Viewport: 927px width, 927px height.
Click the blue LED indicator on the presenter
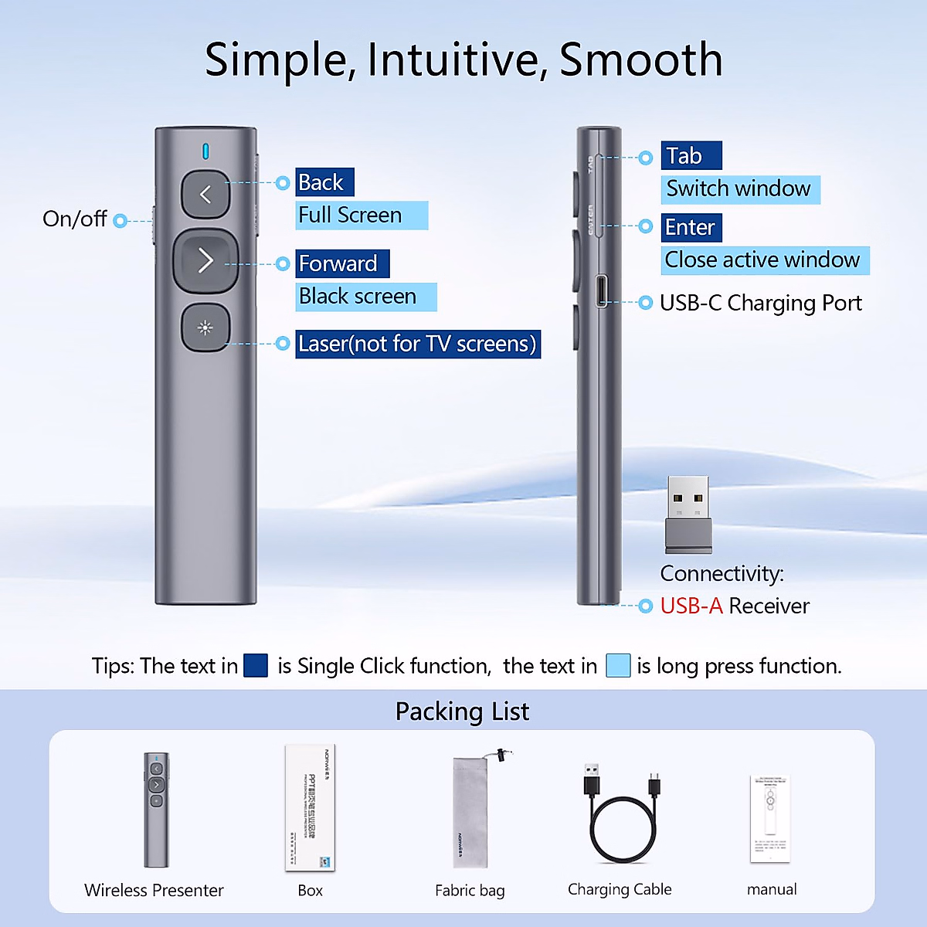(205, 151)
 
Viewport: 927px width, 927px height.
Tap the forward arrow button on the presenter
(205, 260)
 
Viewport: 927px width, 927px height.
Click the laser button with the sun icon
(205, 328)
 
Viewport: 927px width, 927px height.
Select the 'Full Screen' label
(361, 216)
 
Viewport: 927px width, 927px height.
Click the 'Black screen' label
(365, 297)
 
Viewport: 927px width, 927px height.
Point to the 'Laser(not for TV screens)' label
(417, 344)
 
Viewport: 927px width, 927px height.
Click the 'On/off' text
(74, 219)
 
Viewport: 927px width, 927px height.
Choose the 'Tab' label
(691, 156)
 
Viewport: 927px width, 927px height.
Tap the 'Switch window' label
(739, 189)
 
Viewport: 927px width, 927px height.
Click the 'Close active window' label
(764, 260)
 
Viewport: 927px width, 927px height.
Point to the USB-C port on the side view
(602, 291)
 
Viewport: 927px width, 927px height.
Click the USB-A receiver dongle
(688, 514)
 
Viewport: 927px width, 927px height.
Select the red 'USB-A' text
(691, 606)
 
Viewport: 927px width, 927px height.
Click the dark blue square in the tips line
(256, 666)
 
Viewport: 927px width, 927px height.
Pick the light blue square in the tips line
(618, 666)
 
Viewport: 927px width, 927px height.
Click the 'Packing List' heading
(462, 711)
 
